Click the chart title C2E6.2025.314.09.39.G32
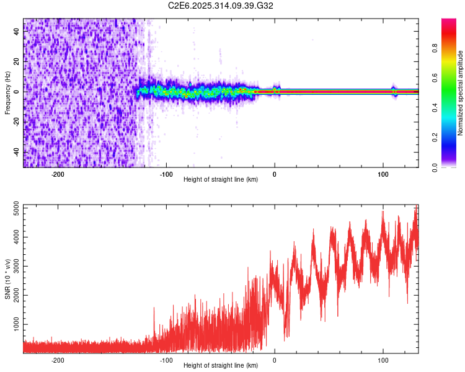(221, 6)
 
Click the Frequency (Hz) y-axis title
(7, 92)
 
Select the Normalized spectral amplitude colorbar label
(461, 92)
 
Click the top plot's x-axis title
(221, 179)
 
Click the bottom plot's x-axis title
(221, 365)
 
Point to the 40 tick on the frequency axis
(17, 32)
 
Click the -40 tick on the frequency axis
(17, 152)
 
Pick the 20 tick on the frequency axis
(17, 62)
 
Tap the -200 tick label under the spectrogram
(58, 174)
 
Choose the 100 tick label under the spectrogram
(383, 174)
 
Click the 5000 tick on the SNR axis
(17, 209)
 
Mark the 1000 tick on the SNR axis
(17, 324)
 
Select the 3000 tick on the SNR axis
(17, 267)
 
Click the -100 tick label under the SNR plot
(166, 360)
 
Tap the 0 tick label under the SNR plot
(275, 360)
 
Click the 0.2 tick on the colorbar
(435, 137)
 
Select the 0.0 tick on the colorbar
(435, 166)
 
